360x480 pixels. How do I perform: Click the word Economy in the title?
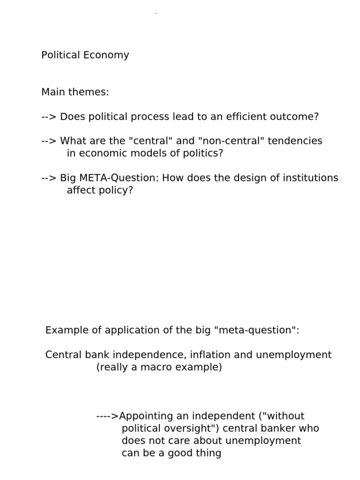pyautogui.click(x=106, y=55)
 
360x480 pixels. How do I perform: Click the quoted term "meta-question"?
pyautogui.click(x=256, y=330)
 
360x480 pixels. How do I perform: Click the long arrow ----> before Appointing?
pyautogui.click(x=107, y=416)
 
